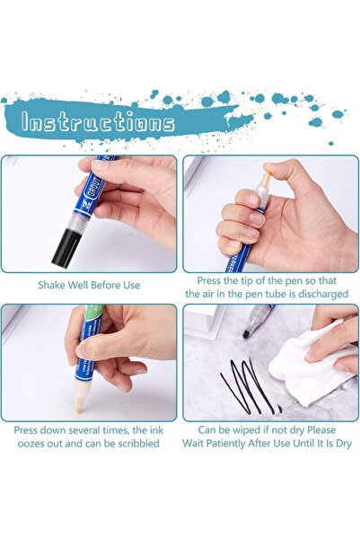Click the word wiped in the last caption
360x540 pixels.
point(249,430)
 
